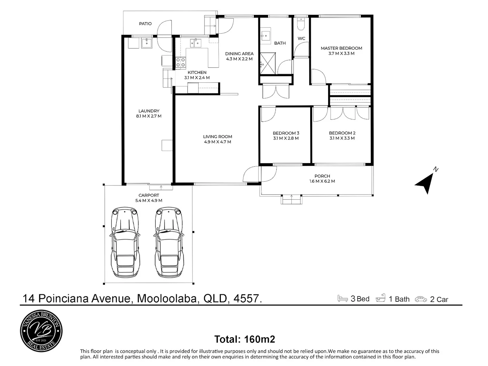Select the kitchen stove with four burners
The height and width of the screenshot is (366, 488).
(x=181, y=62)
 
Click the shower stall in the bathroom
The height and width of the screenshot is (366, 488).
(x=268, y=63)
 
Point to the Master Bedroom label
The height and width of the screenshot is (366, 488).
(x=341, y=48)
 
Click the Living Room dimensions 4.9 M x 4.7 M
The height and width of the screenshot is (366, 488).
(x=217, y=142)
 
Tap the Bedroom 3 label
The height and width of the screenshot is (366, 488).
(x=286, y=133)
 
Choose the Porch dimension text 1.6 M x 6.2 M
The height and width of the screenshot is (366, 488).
(x=322, y=181)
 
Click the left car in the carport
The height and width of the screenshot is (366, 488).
(x=125, y=243)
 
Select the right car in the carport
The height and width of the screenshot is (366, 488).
(x=169, y=243)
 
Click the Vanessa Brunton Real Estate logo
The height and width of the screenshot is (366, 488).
(x=41, y=331)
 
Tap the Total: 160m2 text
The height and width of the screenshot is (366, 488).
(x=245, y=339)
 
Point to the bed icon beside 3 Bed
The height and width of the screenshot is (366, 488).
(x=342, y=298)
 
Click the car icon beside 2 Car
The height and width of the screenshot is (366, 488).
(x=421, y=299)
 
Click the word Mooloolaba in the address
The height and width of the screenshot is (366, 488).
(x=167, y=298)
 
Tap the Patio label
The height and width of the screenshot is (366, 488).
(x=145, y=24)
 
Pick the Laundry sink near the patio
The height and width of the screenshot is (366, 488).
(x=147, y=43)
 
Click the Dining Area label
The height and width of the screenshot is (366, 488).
(x=239, y=54)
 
